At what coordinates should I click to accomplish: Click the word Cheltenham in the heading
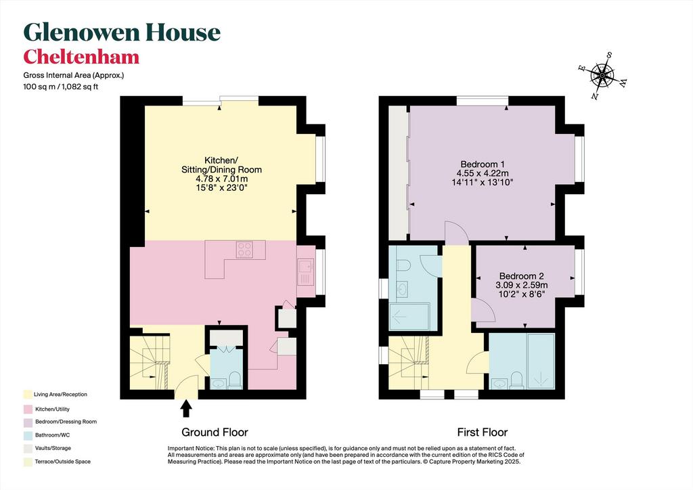pyautogui.click(x=81, y=57)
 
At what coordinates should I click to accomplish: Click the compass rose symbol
pyautogui.click(x=602, y=76)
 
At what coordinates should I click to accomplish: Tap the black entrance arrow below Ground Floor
pyautogui.click(x=186, y=408)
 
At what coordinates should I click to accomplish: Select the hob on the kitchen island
pyautogui.click(x=244, y=250)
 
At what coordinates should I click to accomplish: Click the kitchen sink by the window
pyautogui.click(x=305, y=271)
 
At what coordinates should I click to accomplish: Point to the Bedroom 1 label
pyautogui.click(x=483, y=173)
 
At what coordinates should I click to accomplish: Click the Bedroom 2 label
pyautogui.click(x=522, y=285)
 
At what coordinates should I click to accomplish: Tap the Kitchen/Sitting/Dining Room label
pyautogui.click(x=221, y=174)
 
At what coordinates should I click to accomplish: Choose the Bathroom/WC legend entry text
pyautogui.click(x=53, y=435)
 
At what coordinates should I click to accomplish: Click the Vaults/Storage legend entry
pyautogui.click(x=53, y=448)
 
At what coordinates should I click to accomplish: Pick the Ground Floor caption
pyautogui.click(x=215, y=432)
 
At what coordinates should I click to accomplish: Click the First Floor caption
pyautogui.click(x=482, y=432)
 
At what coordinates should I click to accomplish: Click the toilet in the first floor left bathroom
pyautogui.click(x=405, y=265)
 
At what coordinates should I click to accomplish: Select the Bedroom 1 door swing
pyautogui.click(x=456, y=232)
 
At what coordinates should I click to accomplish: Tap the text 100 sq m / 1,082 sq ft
pyautogui.click(x=60, y=87)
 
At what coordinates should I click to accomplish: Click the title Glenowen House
pyautogui.click(x=122, y=32)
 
